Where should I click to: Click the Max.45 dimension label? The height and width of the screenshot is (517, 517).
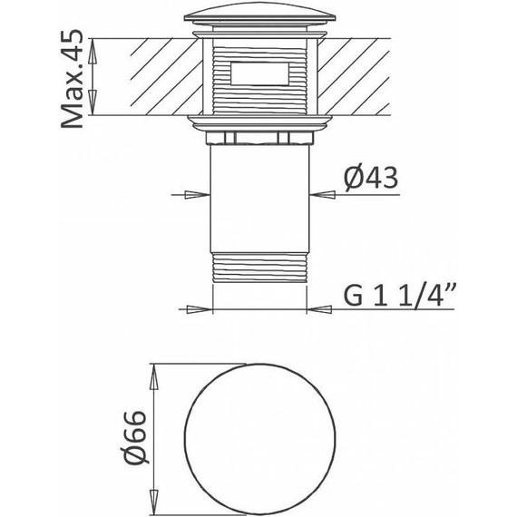(x=73, y=79)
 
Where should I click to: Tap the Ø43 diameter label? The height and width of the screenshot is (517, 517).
(x=371, y=178)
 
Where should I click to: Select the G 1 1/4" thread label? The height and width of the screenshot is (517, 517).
(x=400, y=296)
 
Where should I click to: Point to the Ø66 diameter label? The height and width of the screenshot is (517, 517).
(x=134, y=437)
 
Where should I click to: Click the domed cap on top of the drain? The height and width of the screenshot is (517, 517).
(x=259, y=15)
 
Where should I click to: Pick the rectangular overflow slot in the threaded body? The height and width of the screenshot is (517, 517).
(x=259, y=73)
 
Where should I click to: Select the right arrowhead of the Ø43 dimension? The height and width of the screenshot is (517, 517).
(x=323, y=195)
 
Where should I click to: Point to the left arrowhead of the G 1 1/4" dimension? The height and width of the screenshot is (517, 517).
(x=200, y=309)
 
